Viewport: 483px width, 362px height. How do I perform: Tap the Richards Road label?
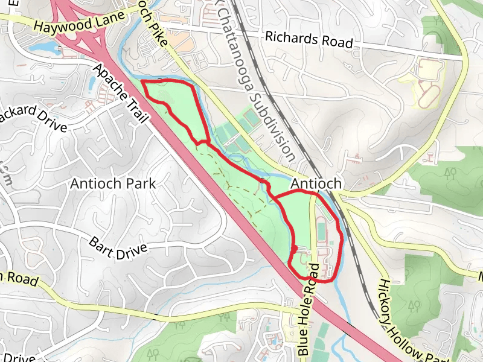click(309, 40)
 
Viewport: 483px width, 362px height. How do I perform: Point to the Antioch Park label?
click(113, 183)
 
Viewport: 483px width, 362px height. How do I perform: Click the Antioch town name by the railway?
click(316, 183)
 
